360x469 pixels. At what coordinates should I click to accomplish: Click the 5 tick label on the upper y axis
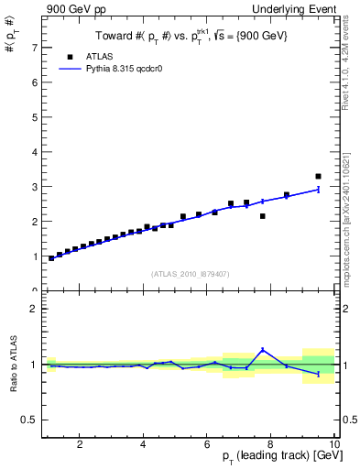(34, 116)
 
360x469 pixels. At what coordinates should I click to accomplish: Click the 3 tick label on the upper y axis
(34, 186)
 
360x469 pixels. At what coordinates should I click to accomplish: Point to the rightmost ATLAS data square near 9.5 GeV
(319, 176)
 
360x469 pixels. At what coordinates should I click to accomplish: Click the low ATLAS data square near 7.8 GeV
(263, 216)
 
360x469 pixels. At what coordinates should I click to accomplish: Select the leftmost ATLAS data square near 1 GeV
(51, 258)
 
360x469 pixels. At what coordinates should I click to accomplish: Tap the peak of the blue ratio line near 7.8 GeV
(263, 349)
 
